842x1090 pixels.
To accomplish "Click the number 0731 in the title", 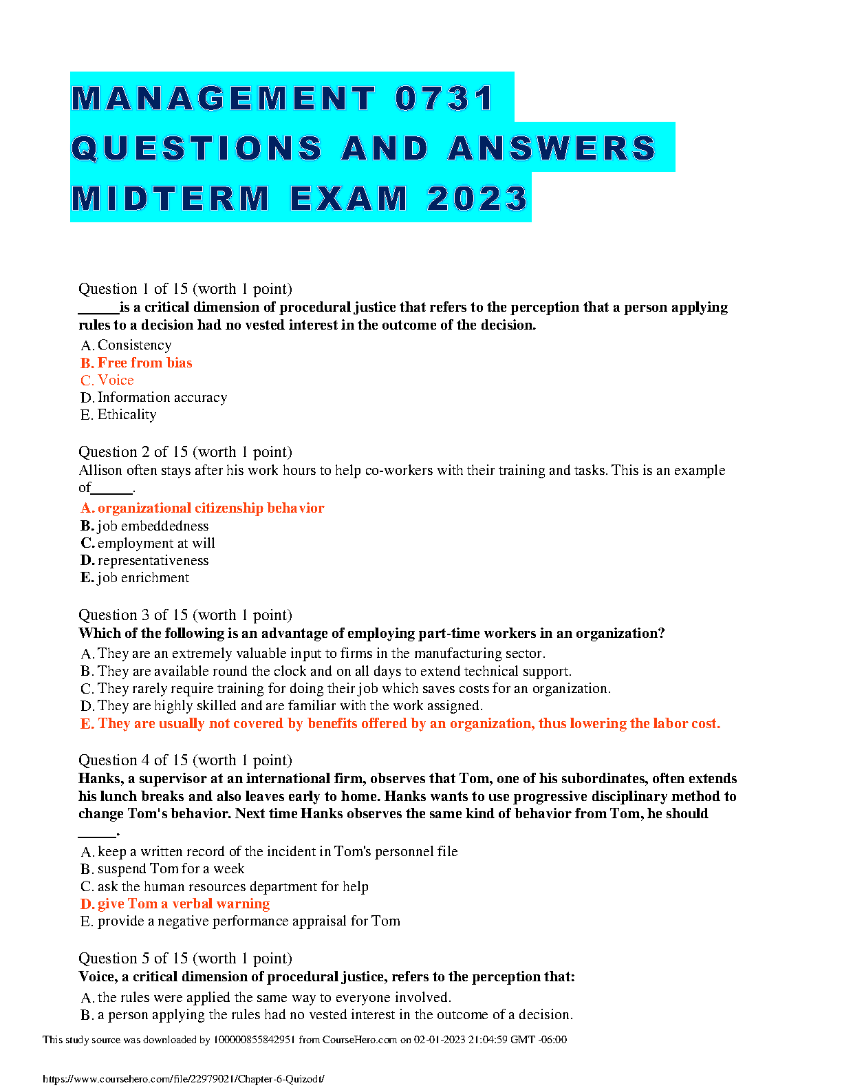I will [444, 98].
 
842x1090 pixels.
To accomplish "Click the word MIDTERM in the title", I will [171, 199].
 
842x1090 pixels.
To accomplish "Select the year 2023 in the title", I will [477, 199].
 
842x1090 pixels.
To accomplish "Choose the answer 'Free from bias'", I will [144, 363].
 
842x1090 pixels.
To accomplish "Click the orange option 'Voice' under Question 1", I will [116, 380].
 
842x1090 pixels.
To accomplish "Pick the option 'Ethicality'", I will [127, 414].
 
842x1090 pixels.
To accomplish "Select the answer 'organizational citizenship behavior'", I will [210, 508].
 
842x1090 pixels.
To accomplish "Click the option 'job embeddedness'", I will [153, 526].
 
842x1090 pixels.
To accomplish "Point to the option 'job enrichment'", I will [143, 577].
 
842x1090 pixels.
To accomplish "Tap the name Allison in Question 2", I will [102, 470].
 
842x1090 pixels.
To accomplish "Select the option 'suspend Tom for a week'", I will [171, 868].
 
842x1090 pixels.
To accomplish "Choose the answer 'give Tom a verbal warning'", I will [183, 904].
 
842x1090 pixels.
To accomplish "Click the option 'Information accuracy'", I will [162, 397].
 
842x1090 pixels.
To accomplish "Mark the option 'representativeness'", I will [153, 560].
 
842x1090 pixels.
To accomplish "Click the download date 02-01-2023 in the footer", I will [438, 1040].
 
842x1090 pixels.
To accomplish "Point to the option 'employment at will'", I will [156, 543].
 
